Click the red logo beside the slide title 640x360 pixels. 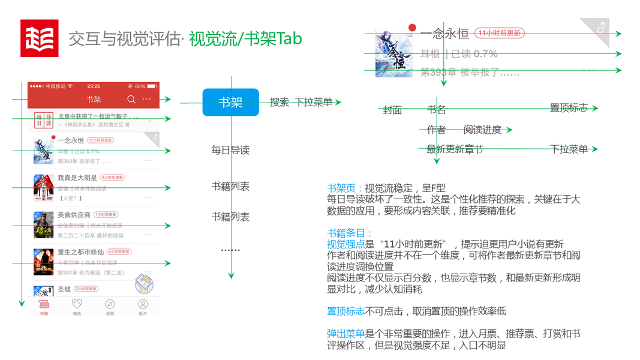pyautogui.click(x=40, y=38)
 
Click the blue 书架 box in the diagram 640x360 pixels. pyautogui.click(x=230, y=102)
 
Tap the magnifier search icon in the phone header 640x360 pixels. pyautogui.click(x=131, y=100)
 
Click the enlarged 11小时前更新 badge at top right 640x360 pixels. pyautogui.click(x=498, y=33)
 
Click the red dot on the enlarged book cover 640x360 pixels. pyautogui.click(x=412, y=28)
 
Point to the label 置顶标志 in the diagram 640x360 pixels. pyautogui.click(x=569, y=108)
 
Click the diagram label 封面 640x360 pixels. pyautogui.click(x=392, y=110)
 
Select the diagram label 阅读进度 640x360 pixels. pyautogui.click(x=482, y=130)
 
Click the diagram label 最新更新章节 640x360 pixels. pyautogui.click(x=455, y=149)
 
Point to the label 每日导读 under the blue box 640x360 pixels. pyautogui.click(x=230, y=150)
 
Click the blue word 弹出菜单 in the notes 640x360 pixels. pyautogui.click(x=345, y=334)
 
